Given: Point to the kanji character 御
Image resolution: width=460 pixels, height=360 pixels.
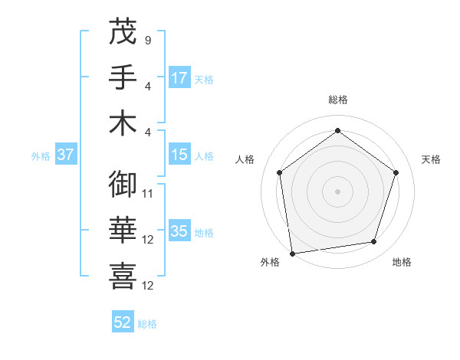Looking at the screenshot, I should pos(123,185).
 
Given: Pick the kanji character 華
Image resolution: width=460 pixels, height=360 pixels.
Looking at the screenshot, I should pos(123,231).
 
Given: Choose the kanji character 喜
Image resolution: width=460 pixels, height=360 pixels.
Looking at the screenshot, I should pos(123,277).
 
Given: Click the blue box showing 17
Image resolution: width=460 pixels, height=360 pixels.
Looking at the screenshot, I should pos(179,78).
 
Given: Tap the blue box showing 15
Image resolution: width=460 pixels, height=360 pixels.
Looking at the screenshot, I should pos(179,155).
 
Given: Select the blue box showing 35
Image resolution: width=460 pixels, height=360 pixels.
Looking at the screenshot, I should pos(179,231).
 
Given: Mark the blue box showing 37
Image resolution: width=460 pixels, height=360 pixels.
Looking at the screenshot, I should pos(65,155).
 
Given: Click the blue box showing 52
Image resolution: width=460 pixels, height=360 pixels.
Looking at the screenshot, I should pos(123,322).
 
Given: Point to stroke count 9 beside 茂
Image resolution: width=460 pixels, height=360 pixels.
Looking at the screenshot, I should pos(147,38).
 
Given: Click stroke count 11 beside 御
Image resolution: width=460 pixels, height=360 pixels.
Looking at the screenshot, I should pos(148,193).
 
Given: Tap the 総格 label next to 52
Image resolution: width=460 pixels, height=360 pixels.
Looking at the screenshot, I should pos(147,324).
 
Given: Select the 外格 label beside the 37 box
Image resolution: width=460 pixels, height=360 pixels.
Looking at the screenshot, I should pos(41,156).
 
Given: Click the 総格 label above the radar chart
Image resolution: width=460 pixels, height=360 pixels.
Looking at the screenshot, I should pos(337,100).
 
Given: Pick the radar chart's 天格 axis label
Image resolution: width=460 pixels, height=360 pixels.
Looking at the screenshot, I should pos(431,159).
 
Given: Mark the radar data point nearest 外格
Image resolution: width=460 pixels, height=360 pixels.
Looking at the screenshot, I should pos(292,252).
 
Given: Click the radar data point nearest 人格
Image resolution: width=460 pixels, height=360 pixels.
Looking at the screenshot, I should pos(279,172).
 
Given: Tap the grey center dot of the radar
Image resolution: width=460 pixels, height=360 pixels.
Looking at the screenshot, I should pos(337,191).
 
